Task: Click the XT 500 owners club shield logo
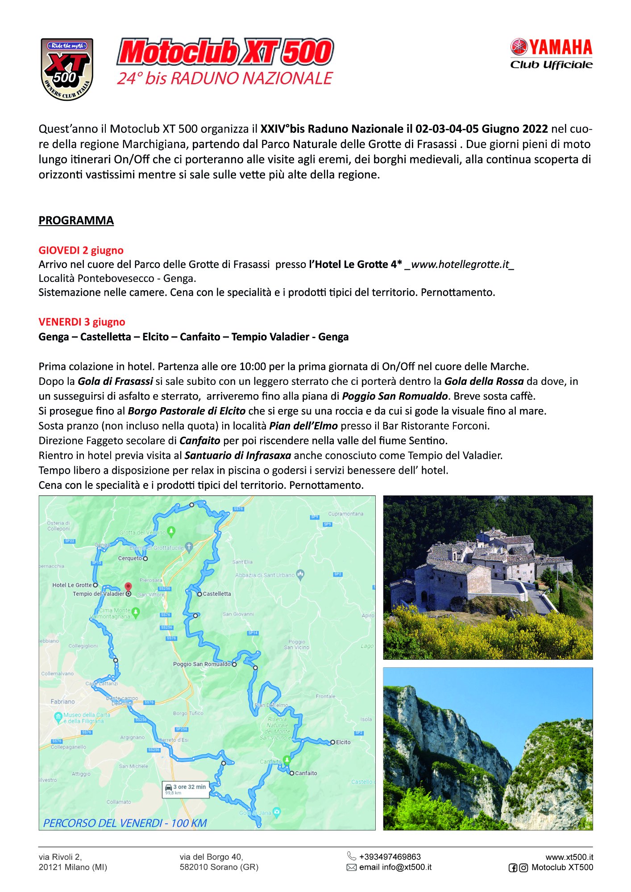click(67, 69)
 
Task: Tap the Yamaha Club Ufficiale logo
click(551, 54)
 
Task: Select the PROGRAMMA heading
click(76, 220)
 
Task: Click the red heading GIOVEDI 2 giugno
click(81, 250)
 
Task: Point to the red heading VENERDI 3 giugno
click(82, 322)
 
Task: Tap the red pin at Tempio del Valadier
click(128, 587)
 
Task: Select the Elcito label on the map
click(343, 742)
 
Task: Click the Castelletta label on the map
click(216, 594)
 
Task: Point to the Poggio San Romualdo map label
click(202, 664)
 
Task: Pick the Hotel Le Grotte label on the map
click(72, 585)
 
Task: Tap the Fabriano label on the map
click(62, 702)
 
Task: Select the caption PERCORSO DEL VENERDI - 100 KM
click(125, 823)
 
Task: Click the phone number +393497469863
click(390, 857)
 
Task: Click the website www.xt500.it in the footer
click(569, 857)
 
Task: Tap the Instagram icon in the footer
click(523, 868)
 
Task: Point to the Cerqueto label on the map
click(130, 558)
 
